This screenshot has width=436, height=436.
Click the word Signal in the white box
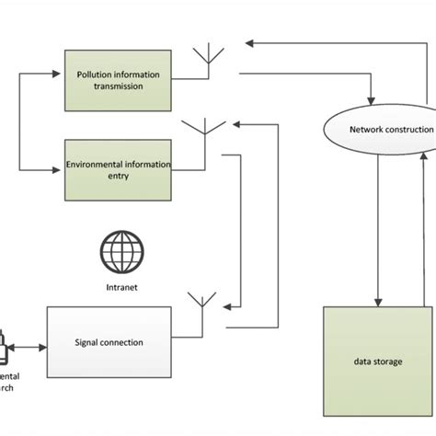(x=87, y=343)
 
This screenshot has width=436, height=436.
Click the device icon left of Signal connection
(x=5, y=348)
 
